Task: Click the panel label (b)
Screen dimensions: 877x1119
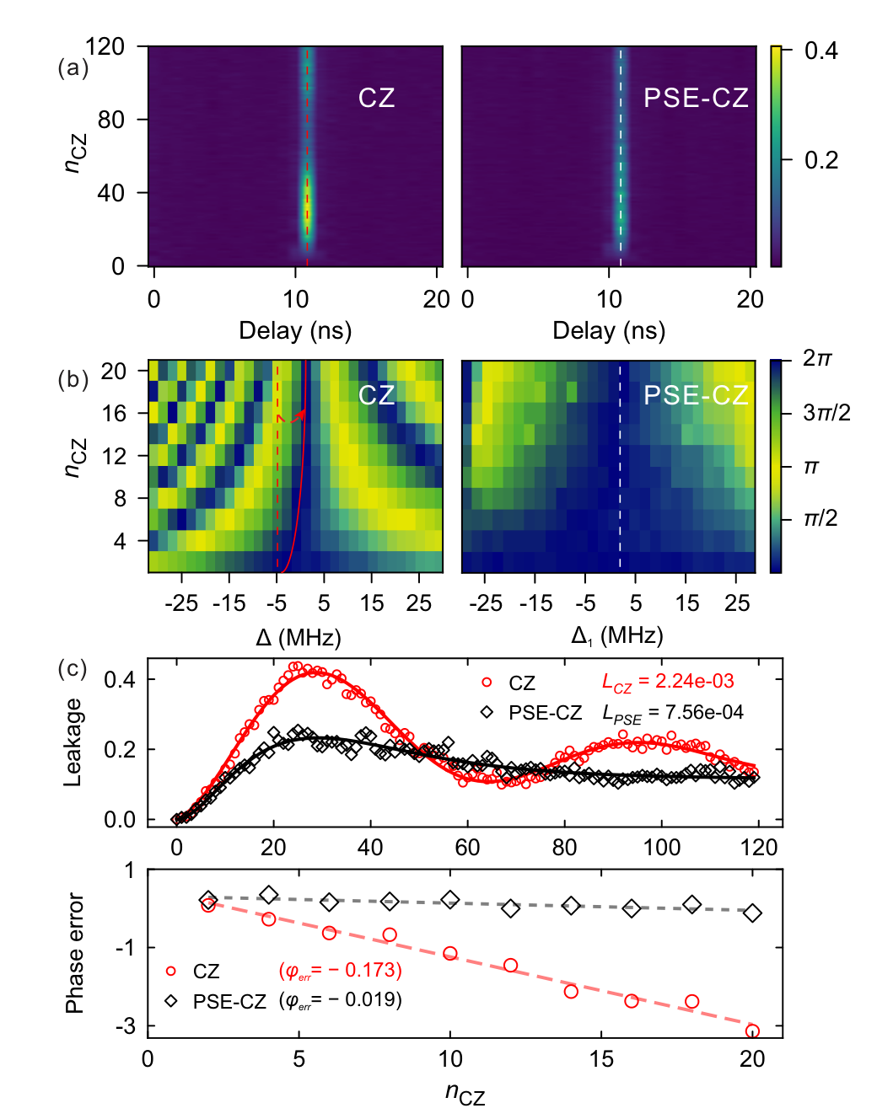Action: [x=73, y=379]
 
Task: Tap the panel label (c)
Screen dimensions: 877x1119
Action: [x=73, y=669]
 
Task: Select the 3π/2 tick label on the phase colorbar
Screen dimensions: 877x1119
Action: [x=826, y=413]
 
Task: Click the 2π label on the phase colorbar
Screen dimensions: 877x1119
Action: [x=817, y=358]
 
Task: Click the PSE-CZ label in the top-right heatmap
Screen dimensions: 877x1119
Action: [x=696, y=98]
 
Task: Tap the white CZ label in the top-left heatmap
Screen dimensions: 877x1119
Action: [x=377, y=98]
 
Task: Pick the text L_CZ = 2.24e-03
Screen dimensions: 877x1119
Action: [x=668, y=682]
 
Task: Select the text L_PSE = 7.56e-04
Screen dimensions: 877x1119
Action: [x=673, y=714]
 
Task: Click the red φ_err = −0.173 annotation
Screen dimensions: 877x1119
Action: [x=340, y=971]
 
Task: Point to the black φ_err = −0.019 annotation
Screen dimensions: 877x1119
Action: [x=340, y=1000]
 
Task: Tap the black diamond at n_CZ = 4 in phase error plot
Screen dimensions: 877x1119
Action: [x=268, y=895]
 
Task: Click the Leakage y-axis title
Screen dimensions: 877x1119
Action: [x=73, y=742]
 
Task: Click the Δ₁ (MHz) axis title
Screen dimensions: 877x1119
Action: [x=616, y=636]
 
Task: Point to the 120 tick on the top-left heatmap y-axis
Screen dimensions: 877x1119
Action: [x=105, y=46]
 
